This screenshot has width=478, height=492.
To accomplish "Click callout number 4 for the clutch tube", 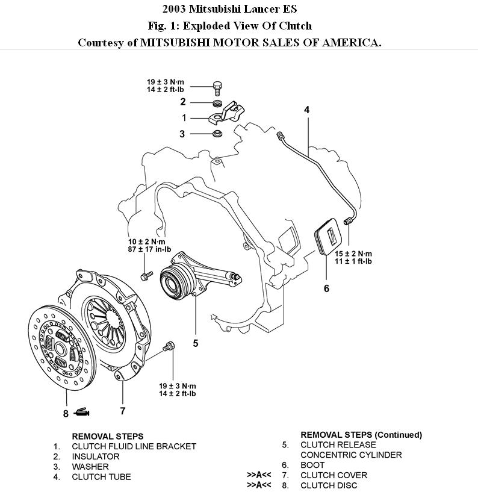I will pyautogui.click(x=306, y=110).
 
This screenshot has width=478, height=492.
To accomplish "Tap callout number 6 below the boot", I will pyautogui.click(x=326, y=288).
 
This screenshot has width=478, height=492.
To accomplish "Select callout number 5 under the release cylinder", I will pyautogui.click(x=196, y=343).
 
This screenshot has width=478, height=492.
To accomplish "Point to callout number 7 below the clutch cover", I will pyautogui.click(x=123, y=411).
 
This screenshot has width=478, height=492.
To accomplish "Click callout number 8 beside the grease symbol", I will pyautogui.click(x=66, y=413).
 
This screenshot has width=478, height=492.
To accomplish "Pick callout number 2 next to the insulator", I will pyautogui.click(x=183, y=102).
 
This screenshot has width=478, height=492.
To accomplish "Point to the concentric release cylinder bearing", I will pyautogui.click(x=176, y=282).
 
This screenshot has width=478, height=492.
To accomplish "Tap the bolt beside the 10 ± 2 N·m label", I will pyautogui.click(x=145, y=276).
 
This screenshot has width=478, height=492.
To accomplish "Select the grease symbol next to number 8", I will pyautogui.click(x=82, y=413).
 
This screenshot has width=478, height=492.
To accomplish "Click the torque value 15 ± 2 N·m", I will pyautogui.click(x=354, y=254).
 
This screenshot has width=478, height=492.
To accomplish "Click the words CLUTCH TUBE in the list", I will pyautogui.click(x=101, y=477).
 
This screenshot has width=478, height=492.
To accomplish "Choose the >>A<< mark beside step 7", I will pyautogui.click(x=259, y=475).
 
